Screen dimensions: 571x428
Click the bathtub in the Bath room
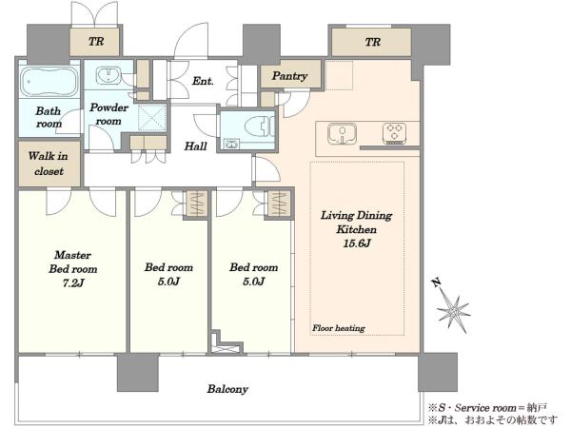pyautogui.click(x=49, y=82)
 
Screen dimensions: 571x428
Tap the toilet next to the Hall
pyautogui.click(x=259, y=126)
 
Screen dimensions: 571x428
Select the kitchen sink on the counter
pyautogui.click(x=342, y=133)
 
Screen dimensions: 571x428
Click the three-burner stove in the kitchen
pyautogui.click(x=395, y=133)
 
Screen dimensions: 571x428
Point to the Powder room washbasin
pyautogui.click(x=108, y=75)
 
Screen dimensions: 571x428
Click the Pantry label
pyautogui.click(x=289, y=76)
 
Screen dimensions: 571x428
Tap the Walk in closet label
pyautogui.click(x=49, y=164)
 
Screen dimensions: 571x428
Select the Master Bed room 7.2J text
pyautogui.click(x=73, y=269)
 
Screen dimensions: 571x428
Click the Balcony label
pyautogui.click(x=227, y=389)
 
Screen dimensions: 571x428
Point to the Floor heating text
pyautogui.click(x=339, y=328)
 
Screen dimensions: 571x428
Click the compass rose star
pyautogui.click(x=453, y=312)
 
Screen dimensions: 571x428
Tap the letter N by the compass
pyautogui.click(x=436, y=282)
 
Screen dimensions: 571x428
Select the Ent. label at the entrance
pyautogui.click(x=203, y=81)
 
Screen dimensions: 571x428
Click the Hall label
pyautogui.click(x=195, y=146)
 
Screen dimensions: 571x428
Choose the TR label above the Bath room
pyautogui.click(x=96, y=42)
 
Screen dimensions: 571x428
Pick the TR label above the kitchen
pyautogui.click(x=373, y=42)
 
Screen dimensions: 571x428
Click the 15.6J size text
pyautogui.click(x=357, y=243)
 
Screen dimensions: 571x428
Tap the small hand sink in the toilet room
pyautogui.click(x=231, y=145)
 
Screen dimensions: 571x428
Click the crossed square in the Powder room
pyautogui.click(x=152, y=117)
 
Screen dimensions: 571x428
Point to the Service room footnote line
pyautogui.click(x=488, y=408)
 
